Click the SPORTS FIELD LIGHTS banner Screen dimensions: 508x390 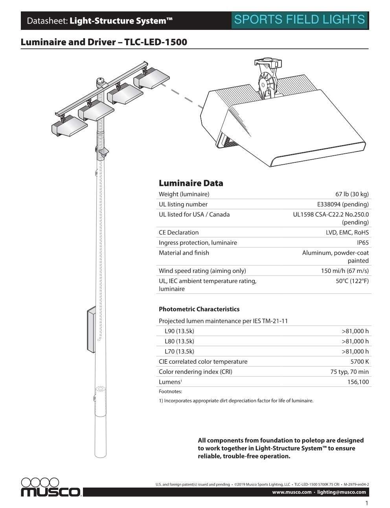click(x=300, y=20)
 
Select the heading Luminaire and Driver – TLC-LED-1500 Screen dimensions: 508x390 click(x=104, y=42)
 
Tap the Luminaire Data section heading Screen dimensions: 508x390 click(x=191, y=183)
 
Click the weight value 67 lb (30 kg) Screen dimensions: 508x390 click(x=352, y=194)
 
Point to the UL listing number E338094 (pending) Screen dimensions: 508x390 click(x=343, y=204)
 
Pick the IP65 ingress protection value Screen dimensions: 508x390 click(x=362, y=243)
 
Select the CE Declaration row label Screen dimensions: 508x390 click(x=178, y=232)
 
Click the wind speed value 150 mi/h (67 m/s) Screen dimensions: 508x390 click(x=345, y=271)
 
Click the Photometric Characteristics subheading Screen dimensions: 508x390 click(x=199, y=309)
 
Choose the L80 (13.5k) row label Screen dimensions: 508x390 click(x=179, y=341)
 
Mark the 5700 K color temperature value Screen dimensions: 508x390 click(x=359, y=362)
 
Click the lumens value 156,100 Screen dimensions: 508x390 click(x=358, y=382)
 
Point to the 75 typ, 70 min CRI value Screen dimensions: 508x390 click(x=349, y=372)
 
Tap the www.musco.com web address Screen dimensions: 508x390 click(x=292, y=492)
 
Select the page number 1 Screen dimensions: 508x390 click(x=367, y=503)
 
